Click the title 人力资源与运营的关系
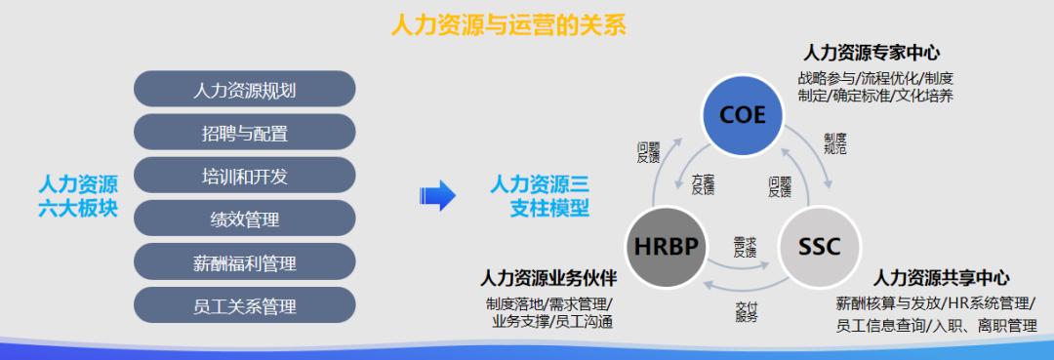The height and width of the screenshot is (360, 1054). point(507,24)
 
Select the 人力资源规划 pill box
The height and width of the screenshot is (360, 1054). point(244,89)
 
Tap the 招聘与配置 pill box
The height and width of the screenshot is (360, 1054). point(244,132)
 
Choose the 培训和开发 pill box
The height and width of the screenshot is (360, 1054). point(244,176)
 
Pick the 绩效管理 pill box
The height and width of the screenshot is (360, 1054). point(244,219)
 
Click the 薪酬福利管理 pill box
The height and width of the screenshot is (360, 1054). point(244,262)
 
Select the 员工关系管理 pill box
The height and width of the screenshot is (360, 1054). point(244,305)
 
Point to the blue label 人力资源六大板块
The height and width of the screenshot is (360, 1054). point(78,195)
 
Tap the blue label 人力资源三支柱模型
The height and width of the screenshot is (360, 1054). point(539,195)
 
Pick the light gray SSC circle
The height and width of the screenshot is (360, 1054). point(820,245)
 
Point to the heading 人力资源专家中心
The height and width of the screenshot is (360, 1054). point(872,53)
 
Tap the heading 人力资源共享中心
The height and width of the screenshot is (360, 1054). point(941,278)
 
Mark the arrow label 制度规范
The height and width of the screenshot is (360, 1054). point(834,144)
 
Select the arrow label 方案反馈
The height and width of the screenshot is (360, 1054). point(703,185)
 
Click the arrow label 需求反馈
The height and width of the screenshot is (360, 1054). point(745,245)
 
